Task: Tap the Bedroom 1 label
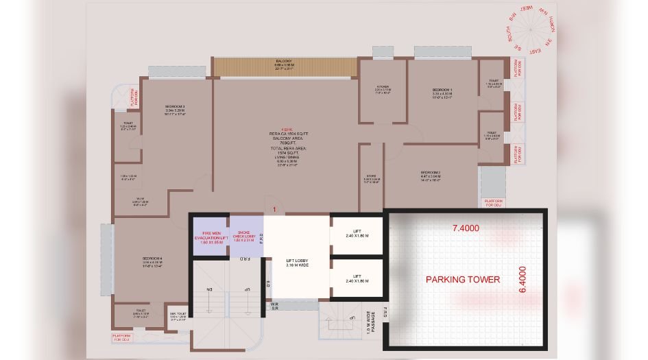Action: pyautogui.click(x=442, y=90)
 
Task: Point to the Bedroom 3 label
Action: pyautogui.click(x=176, y=106)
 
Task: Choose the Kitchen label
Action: pyautogui.click(x=382, y=86)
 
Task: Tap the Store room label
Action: pyautogui.click(x=371, y=176)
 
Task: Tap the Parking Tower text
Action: pyautogui.click(x=463, y=280)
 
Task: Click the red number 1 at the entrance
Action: pyautogui.click(x=274, y=208)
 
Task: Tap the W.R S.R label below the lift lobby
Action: pyautogui.click(x=273, y=306)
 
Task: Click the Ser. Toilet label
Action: pyautogui.click(x=178, y=315)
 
